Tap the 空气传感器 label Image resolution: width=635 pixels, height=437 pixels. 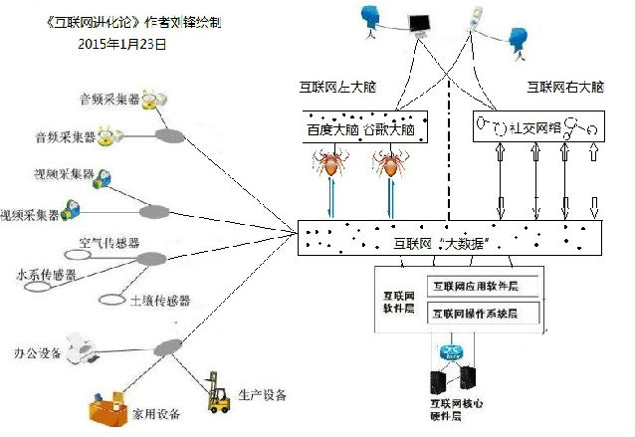pyautogui.click(x=108, y=243)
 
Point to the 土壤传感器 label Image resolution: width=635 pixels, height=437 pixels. pyautogui.click(x=160, y=300)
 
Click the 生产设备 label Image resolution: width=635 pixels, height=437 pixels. pyautogui.click(x=263, y=396)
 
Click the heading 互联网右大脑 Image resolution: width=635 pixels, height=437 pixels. pyautogui.click(x=565, y=88)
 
